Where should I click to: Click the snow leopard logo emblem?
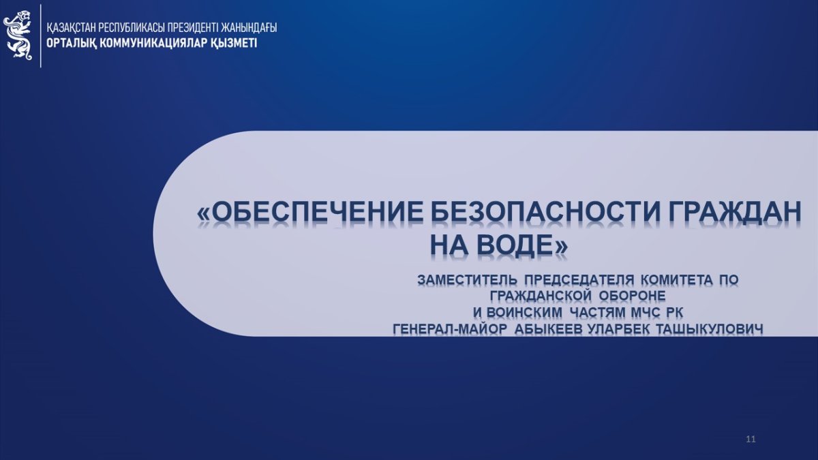(x=18, y=35)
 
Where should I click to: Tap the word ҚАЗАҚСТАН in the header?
(x=72, y=28)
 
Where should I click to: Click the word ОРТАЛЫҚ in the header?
(x=71, y=44)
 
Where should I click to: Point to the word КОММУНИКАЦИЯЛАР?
(x=153, y=43)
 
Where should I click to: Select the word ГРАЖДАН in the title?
(x=735, y=213)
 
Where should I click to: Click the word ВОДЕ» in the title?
(x=523, y=245)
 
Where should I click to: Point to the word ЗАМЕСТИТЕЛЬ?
(x=468, y=280)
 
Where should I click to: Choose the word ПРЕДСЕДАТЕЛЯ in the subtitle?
(x=579, y=280)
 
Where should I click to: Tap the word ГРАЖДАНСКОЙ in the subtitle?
(x=541, y=296)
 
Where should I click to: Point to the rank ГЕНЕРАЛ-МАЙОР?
(x=451, y=329)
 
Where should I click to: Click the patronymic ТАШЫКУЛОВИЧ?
(x=710, y=329)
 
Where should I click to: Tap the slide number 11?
(x=751, y=439)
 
